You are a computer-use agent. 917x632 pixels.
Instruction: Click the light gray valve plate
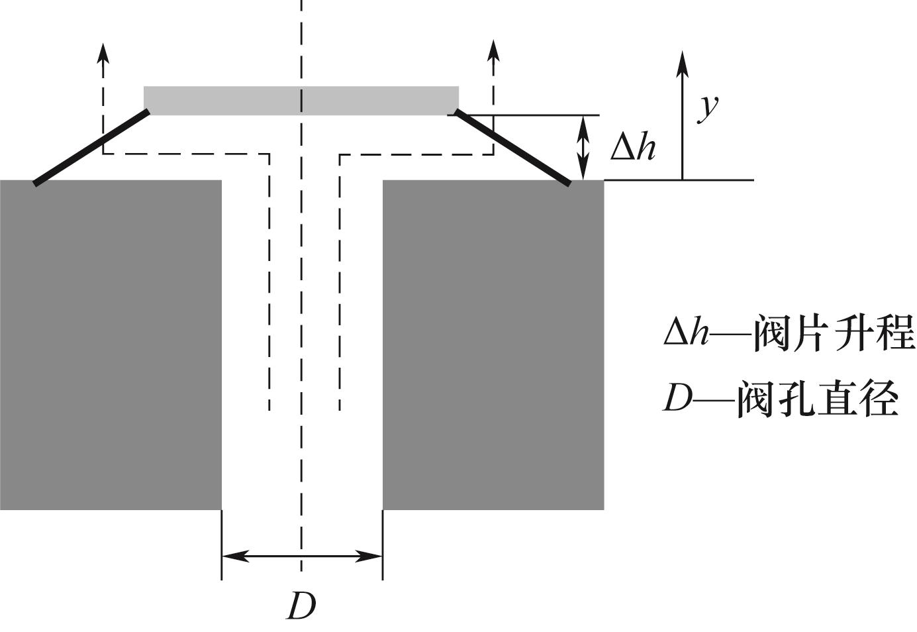tap(301, 100)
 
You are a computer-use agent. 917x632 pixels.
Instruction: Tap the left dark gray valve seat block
tap(111, 344)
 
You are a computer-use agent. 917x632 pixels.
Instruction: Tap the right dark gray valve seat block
tap(493, 344)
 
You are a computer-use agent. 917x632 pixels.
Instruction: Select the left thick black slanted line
tap(91, 148)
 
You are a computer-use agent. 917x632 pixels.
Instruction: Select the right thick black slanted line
tap(512, 148)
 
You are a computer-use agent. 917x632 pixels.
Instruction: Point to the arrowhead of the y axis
tap(682, 64)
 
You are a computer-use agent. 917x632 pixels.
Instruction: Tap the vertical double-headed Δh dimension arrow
tap(583, 148)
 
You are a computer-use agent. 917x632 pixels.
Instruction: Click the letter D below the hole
tap(301, 606)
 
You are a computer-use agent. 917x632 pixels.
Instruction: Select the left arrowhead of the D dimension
tap(236, 556)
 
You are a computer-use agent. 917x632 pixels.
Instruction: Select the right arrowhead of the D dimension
tap(369, 556)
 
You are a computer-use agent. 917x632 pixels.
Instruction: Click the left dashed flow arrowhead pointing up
tap(103, 52)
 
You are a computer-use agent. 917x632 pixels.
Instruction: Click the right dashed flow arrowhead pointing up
tap(494, 50)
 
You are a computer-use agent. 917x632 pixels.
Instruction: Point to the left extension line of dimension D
tap(222, 545)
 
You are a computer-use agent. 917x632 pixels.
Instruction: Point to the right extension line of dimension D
tap(383, 545)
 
